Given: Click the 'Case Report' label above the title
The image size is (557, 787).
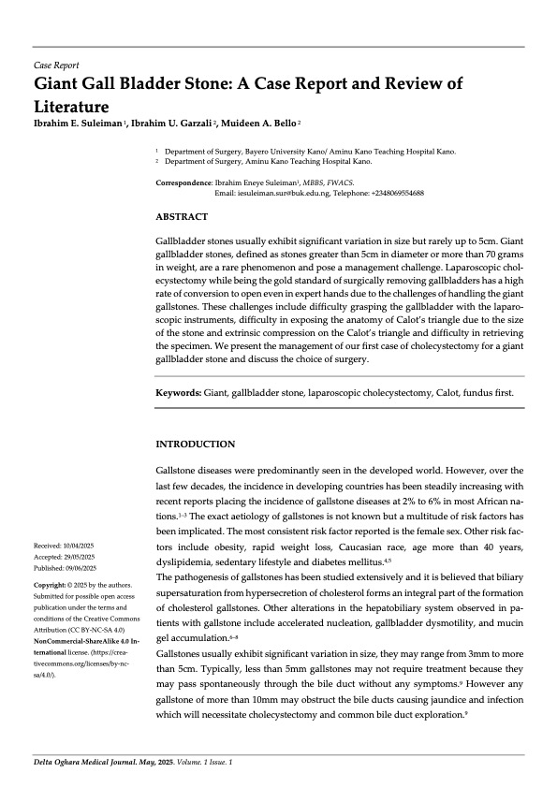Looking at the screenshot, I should tap(56, 66).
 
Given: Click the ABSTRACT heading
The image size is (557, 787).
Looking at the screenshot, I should tap(182, 216).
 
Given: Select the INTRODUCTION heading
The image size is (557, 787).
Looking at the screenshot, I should tap(195, 444).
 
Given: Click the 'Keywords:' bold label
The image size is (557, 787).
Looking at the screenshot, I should tap(178, 393).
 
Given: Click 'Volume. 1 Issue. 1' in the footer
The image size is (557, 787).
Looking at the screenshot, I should tap(213, 764).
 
